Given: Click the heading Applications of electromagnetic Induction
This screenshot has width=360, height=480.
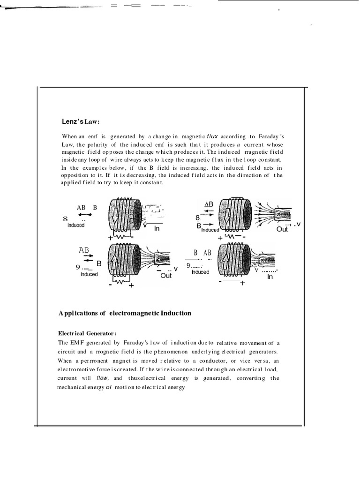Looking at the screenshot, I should pos(125,313).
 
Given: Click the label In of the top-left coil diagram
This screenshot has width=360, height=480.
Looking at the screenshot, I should pos(157,228).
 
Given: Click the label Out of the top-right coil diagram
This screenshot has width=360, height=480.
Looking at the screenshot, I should pos(282,229).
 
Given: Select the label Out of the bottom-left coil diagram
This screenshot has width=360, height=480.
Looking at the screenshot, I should pos(166,276).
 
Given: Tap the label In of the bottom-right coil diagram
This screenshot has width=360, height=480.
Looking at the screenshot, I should pos(270,277).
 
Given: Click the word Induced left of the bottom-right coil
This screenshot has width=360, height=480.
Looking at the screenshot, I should pos(200,272).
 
